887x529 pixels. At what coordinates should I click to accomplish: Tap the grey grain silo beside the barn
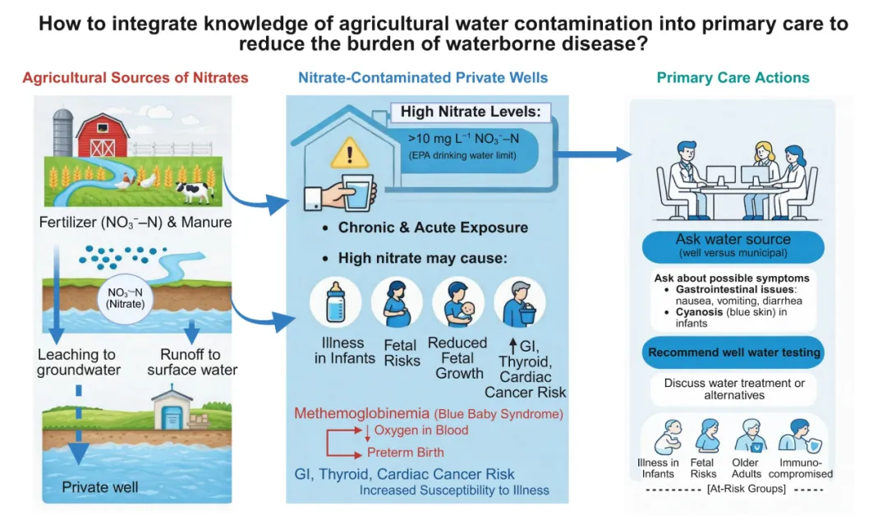(63, 131)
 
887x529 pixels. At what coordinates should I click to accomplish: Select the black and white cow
(194, 191)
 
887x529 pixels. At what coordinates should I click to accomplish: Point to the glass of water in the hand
(358, 193)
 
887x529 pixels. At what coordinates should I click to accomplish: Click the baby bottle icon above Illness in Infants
(336, 303)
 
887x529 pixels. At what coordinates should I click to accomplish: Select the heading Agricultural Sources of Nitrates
(136, 78)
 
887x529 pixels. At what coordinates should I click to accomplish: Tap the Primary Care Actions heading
(733, 78)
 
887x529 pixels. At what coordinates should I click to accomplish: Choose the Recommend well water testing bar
(733, 352)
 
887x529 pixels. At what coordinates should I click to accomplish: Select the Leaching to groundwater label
(79, 362)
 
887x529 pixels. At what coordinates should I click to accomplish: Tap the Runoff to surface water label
(192, 362)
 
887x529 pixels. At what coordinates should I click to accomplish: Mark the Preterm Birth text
(405, 452)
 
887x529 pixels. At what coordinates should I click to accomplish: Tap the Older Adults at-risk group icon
(753, 436)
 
